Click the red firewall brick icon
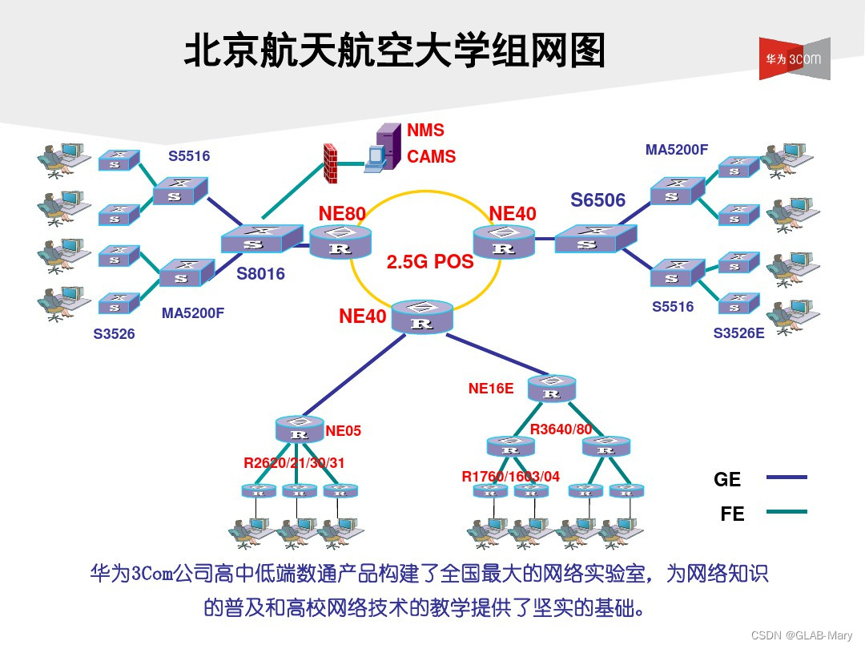(x=329, y=163)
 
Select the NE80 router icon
(x=340, y=240)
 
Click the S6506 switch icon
(x=595, y=238)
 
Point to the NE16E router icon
(x=552, y=388)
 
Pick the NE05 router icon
(x=300, y=429)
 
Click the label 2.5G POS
(x=430, y=262)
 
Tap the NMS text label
(x=425, y=131)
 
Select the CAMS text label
(x=431, y=157)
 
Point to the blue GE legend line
(x=787, y=478)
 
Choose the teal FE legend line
(x=787, y=511)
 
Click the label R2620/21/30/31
(x=294, y=462)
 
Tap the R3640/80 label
(x=561, y=429)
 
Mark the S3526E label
(x=738, y=333)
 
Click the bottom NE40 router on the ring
(x=422, y=316)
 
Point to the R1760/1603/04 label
(x=510, y=477)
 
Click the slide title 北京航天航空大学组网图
(x=394, y=52)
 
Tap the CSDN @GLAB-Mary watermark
(x=803, y=635)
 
